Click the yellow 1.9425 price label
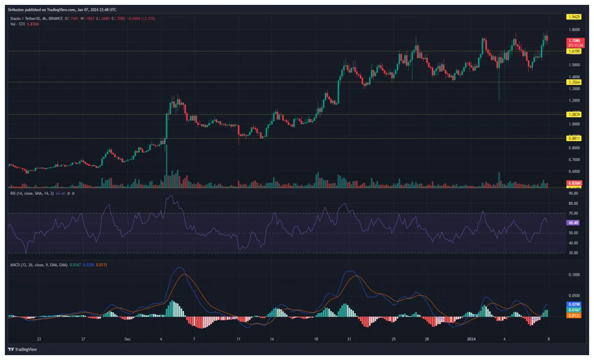click(x=574, y=17)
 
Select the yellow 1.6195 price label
click(x=574, y=51)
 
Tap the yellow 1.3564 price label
click(x=574, y=82)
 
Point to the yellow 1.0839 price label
click(x=574, y=114)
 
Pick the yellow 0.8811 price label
click(x=574, y=139)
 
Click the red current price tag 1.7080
click(x=574, y=42)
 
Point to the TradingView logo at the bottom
click(x=19, y=349)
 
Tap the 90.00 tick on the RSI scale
click(x=573, y=193)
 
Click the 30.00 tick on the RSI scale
click(x=573, y=253)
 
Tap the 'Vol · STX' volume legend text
click(x=19, y=23)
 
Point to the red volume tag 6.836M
click(x=574, y=183)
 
